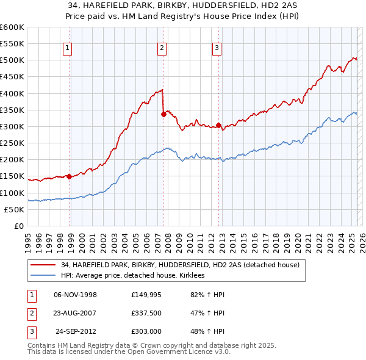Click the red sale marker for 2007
[163, 113]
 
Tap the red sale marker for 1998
[69, 176]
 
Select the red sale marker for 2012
[218, 125]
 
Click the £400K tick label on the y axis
[12, 93]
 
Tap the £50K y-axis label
[14, 209]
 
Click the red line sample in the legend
[44, 265]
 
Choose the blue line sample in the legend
[44, 276]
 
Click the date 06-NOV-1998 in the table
[76, 295]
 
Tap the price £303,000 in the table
[146, 331]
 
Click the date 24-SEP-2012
[77, 331]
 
